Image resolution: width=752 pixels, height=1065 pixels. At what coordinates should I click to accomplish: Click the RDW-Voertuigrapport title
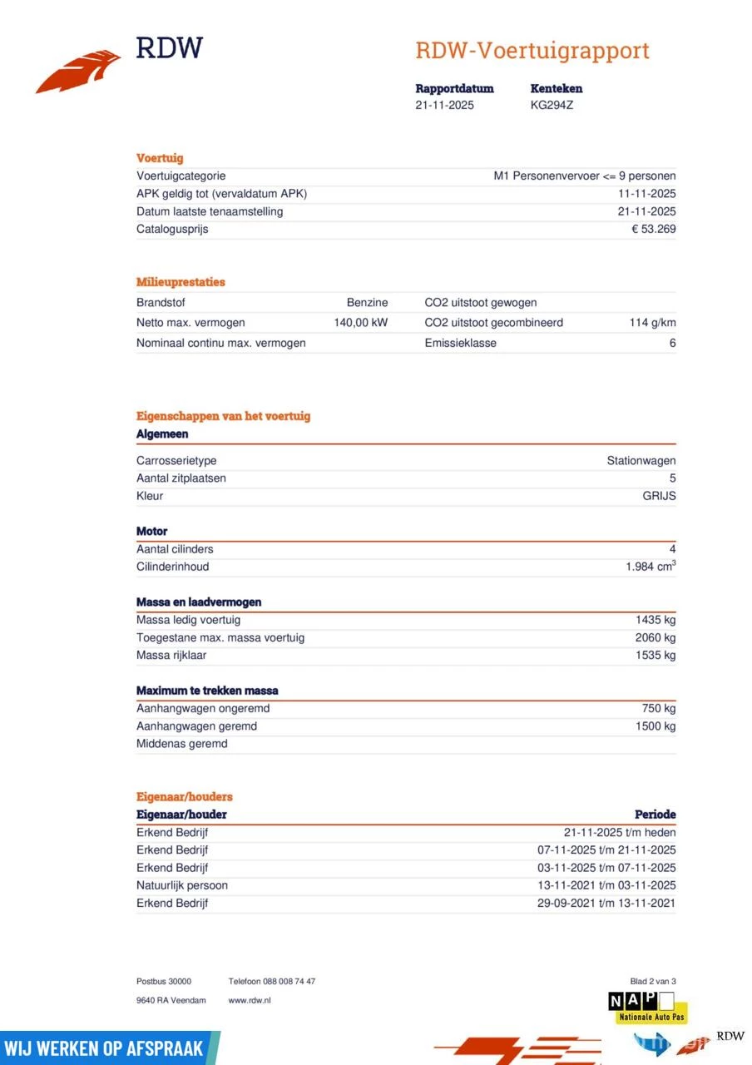[532, 51]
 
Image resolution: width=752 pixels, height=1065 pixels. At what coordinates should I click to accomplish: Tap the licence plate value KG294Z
[552, 106]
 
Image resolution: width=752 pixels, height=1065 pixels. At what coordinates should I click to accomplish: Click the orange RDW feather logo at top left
[79, 71]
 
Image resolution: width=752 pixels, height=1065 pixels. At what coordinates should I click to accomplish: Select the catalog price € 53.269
[653, 230]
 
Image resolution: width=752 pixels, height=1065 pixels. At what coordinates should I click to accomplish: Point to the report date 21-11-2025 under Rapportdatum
[445, 106]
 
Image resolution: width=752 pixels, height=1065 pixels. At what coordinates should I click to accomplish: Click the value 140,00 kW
[361, 323]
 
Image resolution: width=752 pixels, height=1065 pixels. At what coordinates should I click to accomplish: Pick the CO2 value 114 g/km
[652, 323]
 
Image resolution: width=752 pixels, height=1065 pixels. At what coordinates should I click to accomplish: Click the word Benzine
[367, 303]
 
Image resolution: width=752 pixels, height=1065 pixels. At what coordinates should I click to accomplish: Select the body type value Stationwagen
[641, 461]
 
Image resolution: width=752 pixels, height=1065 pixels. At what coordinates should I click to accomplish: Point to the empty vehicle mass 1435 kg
[656, 620]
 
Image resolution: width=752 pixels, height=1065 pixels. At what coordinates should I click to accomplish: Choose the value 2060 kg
[656, 638]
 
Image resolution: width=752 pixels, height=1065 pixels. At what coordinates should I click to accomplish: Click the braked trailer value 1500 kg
[656, 726]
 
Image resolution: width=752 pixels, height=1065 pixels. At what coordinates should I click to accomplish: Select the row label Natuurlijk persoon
[182, 885]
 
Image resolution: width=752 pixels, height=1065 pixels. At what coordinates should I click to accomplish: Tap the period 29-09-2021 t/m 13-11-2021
[606, 904]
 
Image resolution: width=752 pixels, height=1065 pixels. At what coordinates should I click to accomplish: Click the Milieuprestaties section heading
[181, 282]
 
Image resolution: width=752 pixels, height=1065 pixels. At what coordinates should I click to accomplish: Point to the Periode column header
[655, 815]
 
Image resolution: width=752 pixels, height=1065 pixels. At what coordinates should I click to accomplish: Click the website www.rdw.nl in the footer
[250, 1001]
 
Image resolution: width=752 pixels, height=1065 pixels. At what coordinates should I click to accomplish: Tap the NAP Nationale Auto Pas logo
[646, 1008]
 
